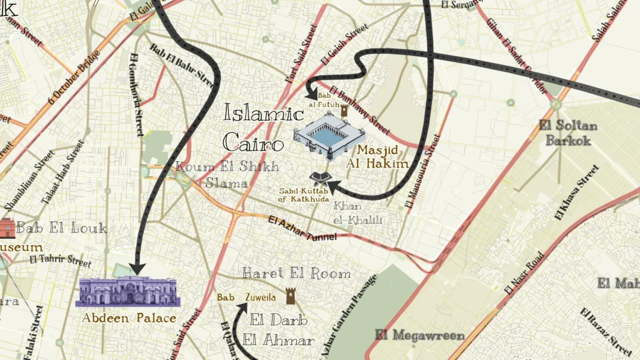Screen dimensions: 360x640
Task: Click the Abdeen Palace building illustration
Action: point(128,291)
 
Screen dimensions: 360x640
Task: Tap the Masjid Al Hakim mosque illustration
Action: point(330,135)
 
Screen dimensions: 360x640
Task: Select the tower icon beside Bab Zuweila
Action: point(290,296)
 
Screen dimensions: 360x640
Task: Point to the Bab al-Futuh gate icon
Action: point(344,111)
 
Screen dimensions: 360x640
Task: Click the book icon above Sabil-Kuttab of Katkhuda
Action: point(316,179)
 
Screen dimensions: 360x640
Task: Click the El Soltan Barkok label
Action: point(568,133)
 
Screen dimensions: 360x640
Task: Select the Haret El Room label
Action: point(296,274)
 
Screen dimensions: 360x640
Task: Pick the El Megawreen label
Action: point(420,335)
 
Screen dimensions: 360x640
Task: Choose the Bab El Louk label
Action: point(62,228)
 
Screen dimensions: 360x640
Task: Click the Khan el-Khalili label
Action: point(358,213)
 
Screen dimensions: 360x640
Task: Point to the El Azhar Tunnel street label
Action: point(303,230)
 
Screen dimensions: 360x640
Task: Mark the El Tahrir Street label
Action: point(61,260)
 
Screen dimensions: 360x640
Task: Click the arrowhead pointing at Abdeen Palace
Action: point(138,269)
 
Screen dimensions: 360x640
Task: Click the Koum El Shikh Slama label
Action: point(227,174)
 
